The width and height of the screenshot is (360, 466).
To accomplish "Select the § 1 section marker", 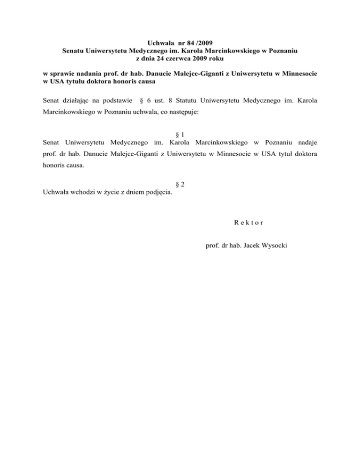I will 180,135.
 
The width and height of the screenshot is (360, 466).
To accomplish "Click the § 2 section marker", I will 180,185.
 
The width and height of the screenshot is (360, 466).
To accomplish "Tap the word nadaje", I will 307,142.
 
